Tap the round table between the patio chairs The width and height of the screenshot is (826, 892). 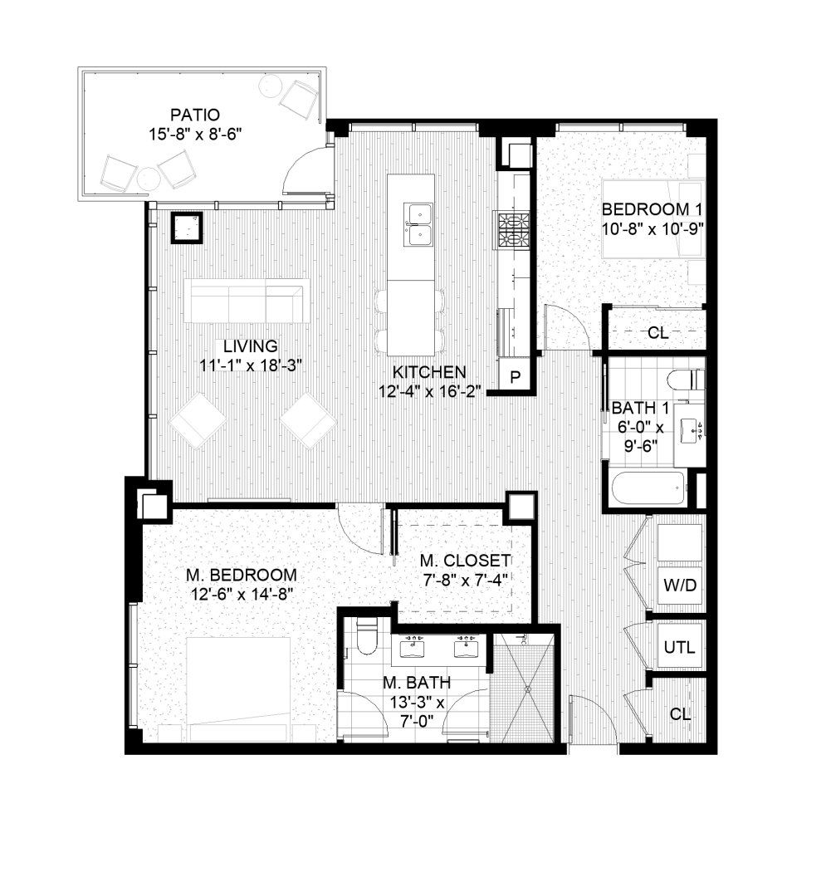click(148, 178)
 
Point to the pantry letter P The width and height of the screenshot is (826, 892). click(515, 376)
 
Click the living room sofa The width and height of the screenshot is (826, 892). click(247, 303)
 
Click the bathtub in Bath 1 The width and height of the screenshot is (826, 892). click(649, 488)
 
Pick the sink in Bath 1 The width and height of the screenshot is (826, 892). click(689, 429)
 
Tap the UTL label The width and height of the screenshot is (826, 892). click(679, 646)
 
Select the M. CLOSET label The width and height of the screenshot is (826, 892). click(465, 560)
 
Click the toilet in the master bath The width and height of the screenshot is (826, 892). click(365, 636)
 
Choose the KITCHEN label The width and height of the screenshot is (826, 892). click(429, 372)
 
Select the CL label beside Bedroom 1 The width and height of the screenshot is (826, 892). click(658, 333)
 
